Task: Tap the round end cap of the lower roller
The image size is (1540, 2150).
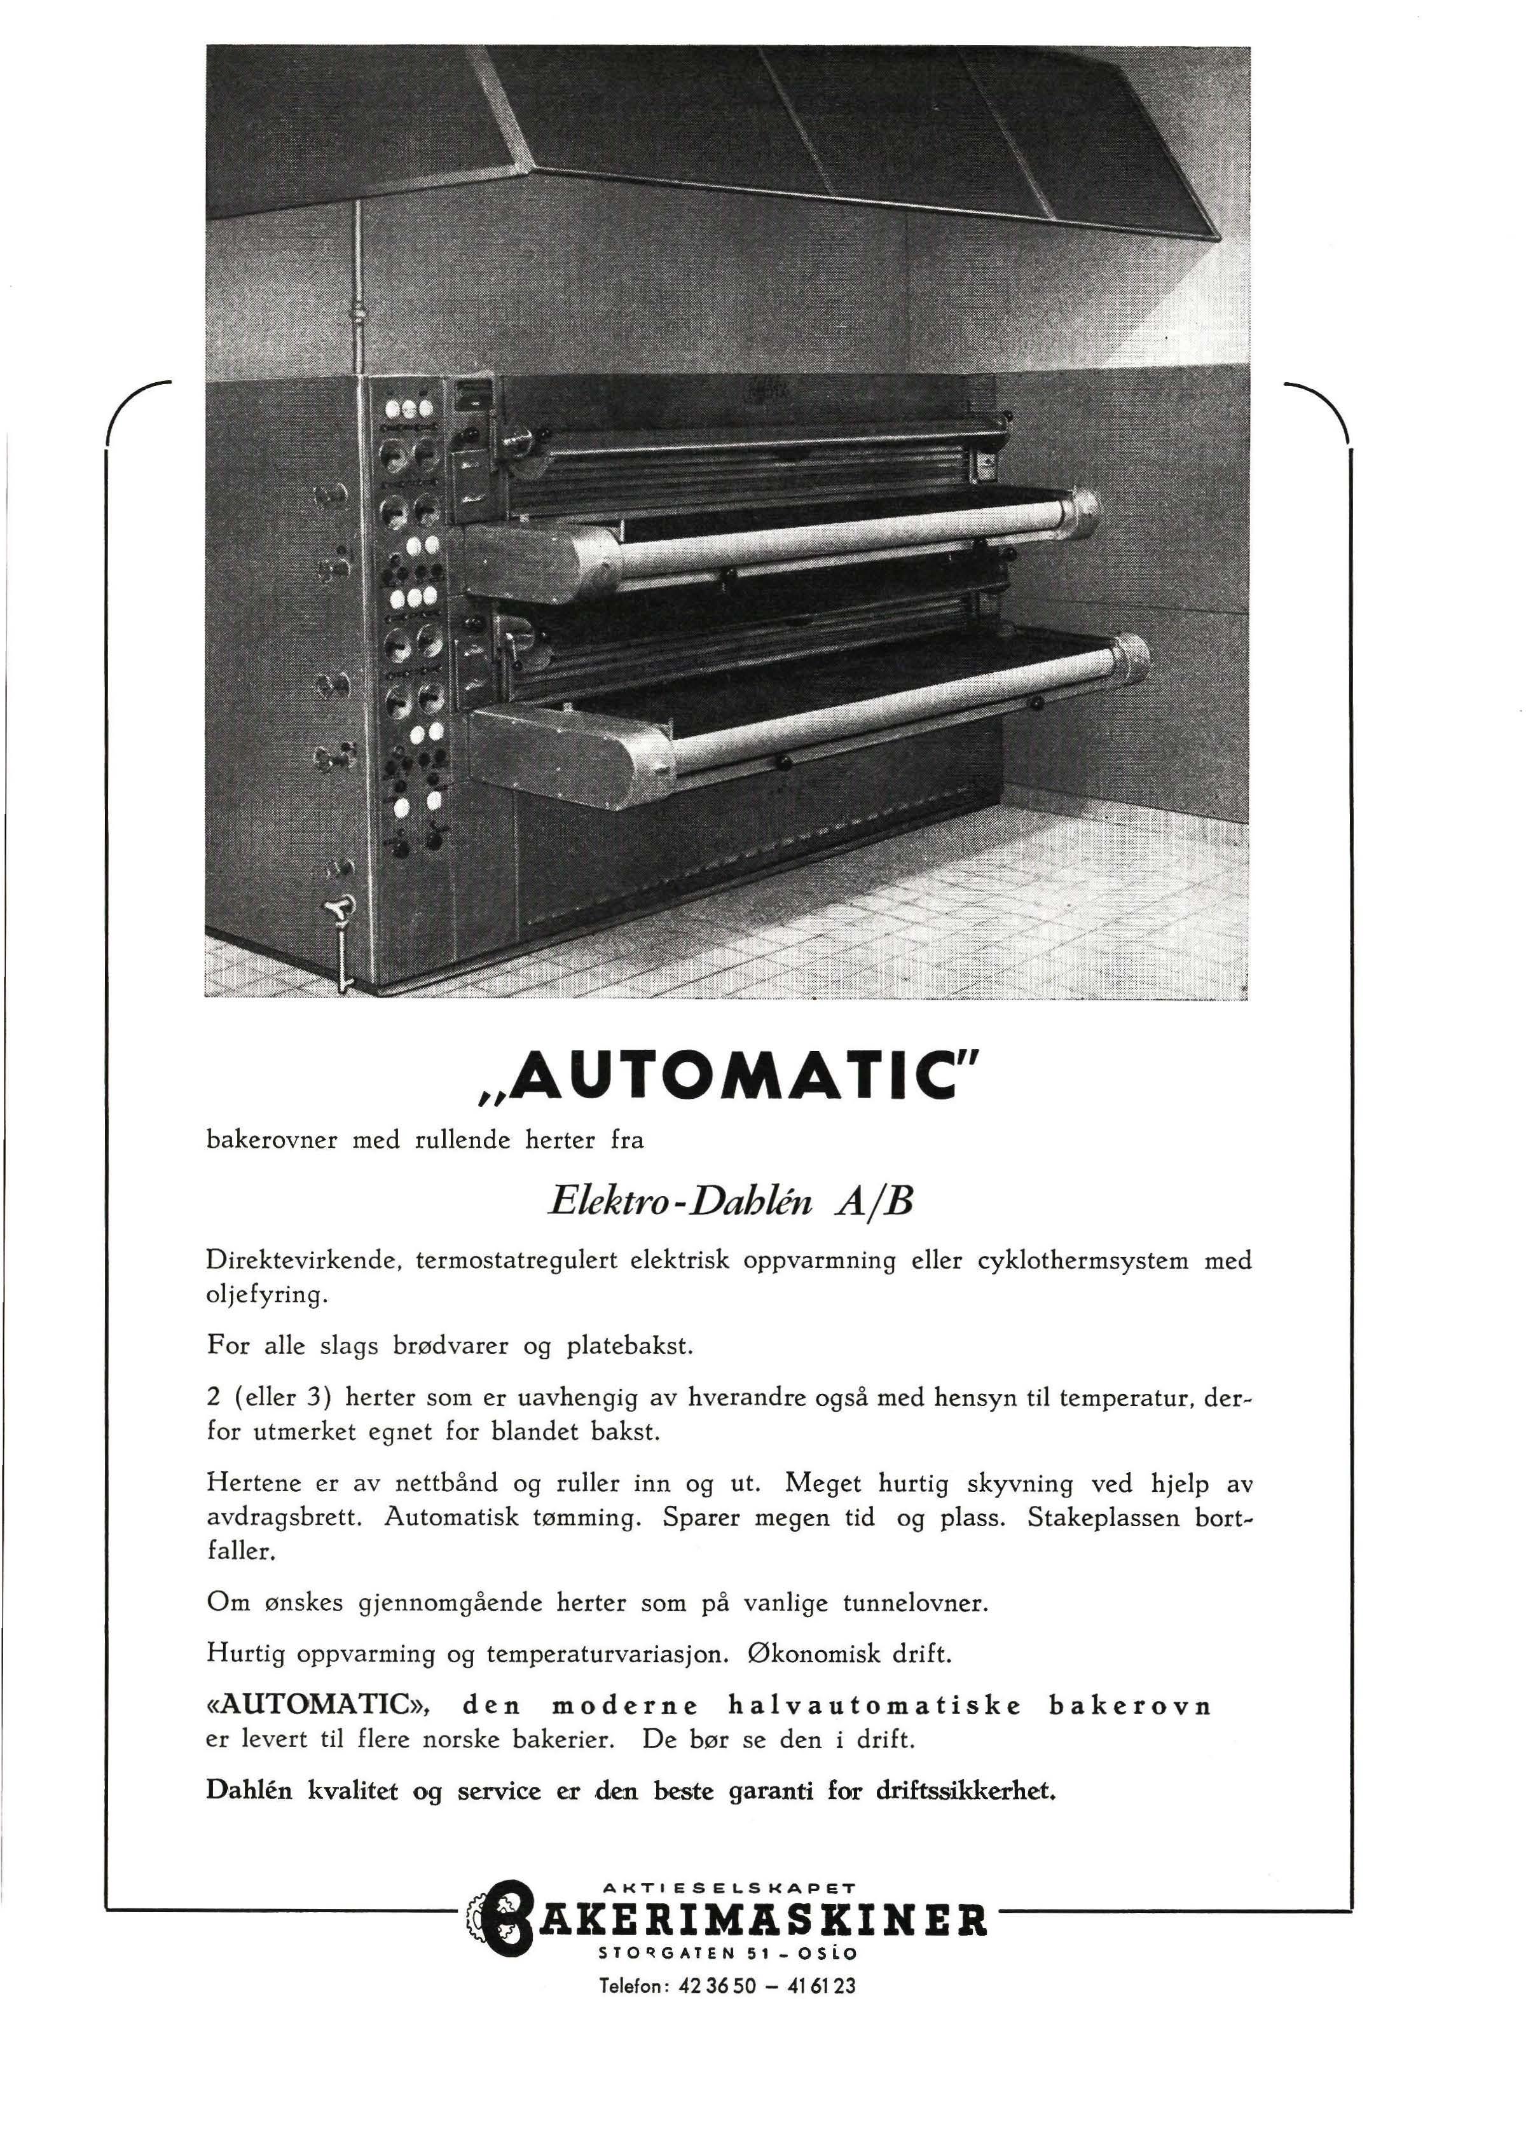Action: click(1129, 657)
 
